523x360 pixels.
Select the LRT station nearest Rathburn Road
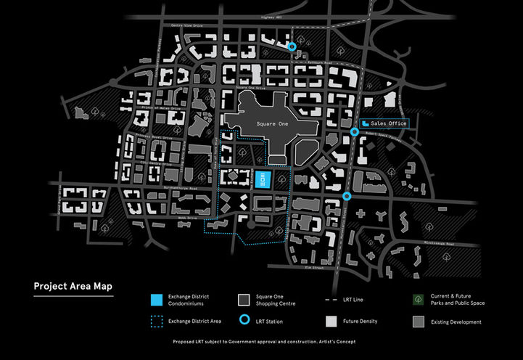coord(292,46)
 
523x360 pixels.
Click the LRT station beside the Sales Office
coord(354,131)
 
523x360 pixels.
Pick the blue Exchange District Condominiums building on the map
coord(263,179)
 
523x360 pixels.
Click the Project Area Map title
coord(73,286)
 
